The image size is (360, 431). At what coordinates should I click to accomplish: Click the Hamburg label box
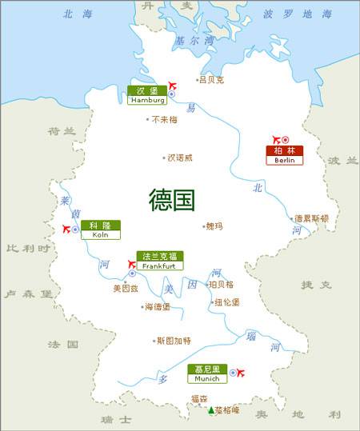146,95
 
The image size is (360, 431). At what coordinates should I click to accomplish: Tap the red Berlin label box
284,155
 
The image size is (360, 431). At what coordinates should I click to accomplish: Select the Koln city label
99,229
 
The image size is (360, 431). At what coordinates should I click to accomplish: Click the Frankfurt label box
159,261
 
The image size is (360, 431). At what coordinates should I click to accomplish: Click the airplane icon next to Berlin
276,139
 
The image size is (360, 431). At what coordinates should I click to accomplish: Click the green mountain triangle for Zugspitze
211,410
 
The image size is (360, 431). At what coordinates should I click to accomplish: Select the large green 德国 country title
172,200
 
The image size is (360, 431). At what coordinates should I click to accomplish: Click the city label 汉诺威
179,158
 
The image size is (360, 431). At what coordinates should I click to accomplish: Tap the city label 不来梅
164,119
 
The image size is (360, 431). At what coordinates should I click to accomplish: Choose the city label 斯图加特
174,340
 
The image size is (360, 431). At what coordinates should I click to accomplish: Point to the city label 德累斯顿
311,217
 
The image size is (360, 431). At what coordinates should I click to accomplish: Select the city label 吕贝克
211,80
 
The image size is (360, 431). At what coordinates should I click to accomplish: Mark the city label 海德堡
158,306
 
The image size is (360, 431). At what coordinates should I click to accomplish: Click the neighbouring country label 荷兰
61,131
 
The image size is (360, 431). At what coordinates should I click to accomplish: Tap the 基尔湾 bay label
194,41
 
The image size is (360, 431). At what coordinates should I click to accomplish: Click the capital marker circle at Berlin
286,140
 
